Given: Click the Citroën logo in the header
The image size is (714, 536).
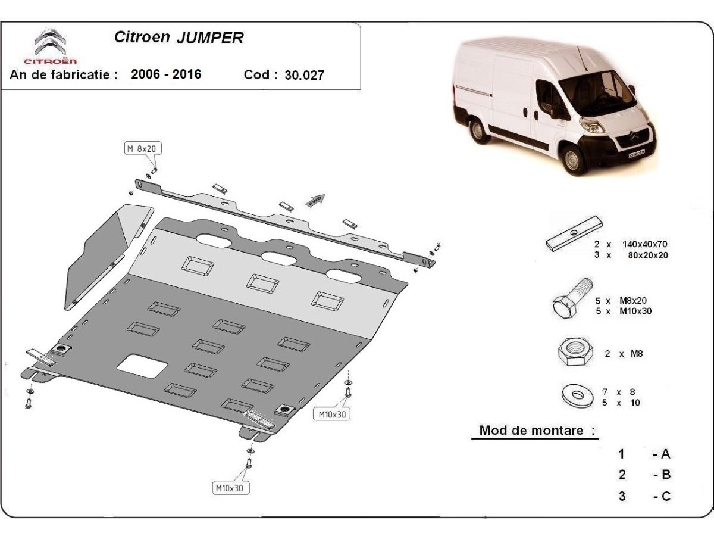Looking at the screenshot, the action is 51,46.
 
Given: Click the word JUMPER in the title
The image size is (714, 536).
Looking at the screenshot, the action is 210,38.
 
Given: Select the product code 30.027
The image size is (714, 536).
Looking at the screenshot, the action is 304,75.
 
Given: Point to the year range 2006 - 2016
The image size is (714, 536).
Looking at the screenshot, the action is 166,74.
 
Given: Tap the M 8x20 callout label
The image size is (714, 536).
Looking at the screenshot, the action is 143,149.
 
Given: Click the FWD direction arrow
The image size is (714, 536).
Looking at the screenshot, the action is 315,200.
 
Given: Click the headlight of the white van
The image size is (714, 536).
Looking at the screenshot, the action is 591,126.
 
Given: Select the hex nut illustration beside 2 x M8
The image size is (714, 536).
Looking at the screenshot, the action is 575,352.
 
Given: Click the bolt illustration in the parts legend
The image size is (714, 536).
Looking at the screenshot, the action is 572,298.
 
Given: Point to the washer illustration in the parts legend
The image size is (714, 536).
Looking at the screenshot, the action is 577,395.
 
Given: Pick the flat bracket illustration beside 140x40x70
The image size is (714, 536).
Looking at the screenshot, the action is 574,233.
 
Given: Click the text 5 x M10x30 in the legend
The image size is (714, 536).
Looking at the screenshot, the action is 624,311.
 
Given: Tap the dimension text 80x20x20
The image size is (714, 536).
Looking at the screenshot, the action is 647,255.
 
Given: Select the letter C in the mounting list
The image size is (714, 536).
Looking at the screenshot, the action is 666,496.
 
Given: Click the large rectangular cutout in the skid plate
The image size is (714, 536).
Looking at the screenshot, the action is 142,366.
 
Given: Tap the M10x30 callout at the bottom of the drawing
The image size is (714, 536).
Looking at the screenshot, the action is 230,488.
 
